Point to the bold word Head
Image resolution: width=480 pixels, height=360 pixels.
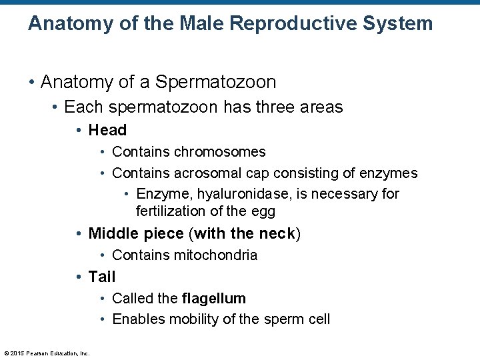pyautogui.click(x=107, y=130)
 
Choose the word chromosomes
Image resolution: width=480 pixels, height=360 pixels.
pyautogui.click(x=219, y=153)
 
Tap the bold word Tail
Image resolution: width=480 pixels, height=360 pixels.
pyautogui.click(x=102, y=277)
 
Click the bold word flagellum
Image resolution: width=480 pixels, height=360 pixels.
pyautogui.click(x=213, y=299)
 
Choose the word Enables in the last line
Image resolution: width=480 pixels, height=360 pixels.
pyautogui.click(x=137, y=319)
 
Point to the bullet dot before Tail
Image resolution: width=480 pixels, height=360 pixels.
pyautogui.click(x=79, y=277)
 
